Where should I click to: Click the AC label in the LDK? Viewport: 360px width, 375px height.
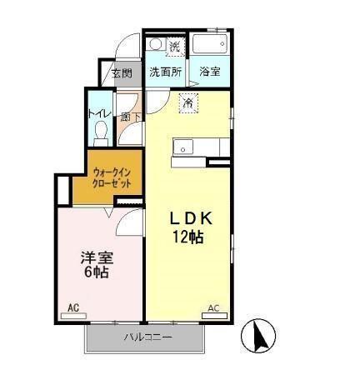(x=212, y=308)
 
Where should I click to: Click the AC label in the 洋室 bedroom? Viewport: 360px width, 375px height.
(x=72, y=308)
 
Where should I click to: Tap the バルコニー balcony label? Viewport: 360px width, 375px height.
(x=147, y=337)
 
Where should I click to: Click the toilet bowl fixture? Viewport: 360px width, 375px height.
(x=101, y=132)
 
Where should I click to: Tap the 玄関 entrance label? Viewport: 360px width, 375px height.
(x=122, y=73)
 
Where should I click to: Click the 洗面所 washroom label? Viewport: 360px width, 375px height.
(x=165, y=72)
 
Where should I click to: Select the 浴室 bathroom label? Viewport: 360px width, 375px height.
(x=209, y=72)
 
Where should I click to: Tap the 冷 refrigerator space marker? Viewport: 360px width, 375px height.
(x=187, y=104)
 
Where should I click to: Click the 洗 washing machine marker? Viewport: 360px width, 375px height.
(x=175, y=45)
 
